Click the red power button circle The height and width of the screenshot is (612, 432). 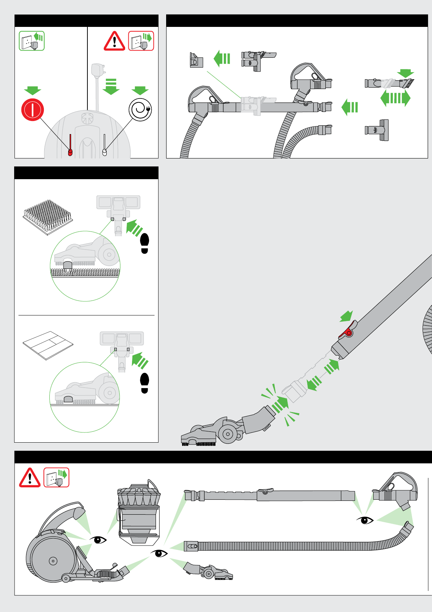click(33, 110)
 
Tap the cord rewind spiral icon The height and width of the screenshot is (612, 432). click(140, 109)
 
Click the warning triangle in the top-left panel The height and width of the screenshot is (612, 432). click(114, 41)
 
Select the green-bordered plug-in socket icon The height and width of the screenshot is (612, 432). click(32, 41)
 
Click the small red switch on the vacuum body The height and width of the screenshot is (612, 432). click(70, 152)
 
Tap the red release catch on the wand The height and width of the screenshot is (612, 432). click(347, 331)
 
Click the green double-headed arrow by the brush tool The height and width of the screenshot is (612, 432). click(395, 98)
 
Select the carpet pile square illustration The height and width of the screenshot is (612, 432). click(48, 217)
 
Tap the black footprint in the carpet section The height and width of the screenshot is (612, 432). click(145, 243)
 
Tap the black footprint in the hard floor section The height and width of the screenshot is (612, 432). click(144, 383)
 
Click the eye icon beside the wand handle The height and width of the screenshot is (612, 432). click(365, 520)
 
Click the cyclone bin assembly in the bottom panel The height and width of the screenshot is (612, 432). click(139, 513)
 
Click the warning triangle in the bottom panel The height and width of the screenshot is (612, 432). click(30, 478)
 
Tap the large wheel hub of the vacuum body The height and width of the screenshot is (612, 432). click(53, 561)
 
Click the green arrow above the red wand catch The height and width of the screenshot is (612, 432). click(346, 316)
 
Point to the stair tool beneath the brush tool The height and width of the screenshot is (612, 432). click(377, 130)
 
